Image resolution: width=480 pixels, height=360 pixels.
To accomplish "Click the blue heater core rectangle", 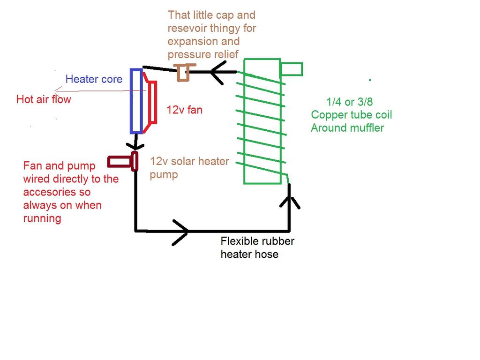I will click(x=136, y=101).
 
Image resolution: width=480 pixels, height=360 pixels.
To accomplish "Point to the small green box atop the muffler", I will click(x=292, y=69).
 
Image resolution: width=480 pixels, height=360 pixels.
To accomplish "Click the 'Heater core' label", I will click(x=94, y=79).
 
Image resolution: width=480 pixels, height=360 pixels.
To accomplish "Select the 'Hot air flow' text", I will click(x=44, y=99).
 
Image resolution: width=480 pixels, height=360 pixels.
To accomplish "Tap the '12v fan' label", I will click(x=185, y=111).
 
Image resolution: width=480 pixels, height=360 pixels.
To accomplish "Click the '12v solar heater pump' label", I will click(x=189, y=168).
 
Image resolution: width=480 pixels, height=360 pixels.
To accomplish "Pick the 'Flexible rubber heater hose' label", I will click(x=257, y=247).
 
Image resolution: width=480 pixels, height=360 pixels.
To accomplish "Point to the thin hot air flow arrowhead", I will click(x=57, y=90).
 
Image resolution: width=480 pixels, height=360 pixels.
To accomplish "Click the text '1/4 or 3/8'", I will click(x=349, y=101).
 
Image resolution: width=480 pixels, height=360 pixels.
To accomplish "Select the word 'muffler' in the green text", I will click(x=365, y=127).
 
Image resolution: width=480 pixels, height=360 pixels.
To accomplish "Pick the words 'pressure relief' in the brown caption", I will click(x=202, y=54).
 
